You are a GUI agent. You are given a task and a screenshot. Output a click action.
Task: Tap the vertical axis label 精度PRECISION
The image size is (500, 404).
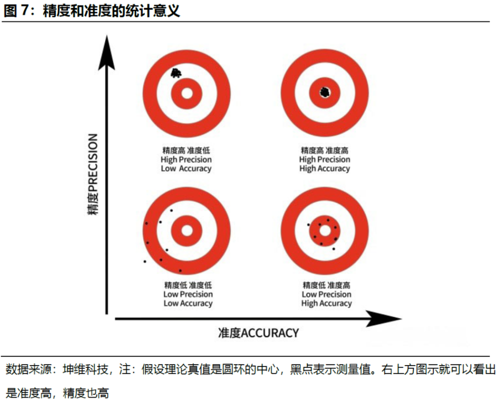click(92, 174)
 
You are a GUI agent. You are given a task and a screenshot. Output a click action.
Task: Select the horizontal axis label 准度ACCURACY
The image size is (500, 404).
click(258, 333)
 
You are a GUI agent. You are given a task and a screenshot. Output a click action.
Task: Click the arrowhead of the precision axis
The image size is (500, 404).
click(106, 52)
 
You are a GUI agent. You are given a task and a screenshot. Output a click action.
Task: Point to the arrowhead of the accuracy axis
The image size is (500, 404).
click(383, 318)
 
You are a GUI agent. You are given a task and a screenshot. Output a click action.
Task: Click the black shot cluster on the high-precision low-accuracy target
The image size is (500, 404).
click(175, 73)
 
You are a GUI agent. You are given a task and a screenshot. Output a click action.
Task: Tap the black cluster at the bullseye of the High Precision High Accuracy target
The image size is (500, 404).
click(324, 92)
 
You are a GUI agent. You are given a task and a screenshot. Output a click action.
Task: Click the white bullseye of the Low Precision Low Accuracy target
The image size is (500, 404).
click(187, 230)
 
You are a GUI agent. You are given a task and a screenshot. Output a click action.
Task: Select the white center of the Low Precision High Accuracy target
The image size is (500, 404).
click(325, 231)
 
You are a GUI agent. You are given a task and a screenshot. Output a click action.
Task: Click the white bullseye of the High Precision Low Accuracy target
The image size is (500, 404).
click(187, 93)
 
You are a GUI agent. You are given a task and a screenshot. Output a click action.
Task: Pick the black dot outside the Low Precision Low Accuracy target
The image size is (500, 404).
click(145, 261)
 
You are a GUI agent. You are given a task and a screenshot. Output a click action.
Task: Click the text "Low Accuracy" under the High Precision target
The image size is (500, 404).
click(186, 168)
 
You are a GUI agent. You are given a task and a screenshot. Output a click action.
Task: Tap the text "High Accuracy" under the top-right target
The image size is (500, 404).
click(324, 168)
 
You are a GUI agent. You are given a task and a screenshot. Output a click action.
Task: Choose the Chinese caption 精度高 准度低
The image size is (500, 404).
click(186, 150)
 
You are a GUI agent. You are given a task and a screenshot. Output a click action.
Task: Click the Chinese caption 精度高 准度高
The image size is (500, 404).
click(324, 150)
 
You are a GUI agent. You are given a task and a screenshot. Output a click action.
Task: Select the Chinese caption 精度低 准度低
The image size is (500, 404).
click(188, 285)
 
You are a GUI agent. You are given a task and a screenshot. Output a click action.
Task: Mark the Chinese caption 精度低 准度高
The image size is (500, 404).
click(326, 285)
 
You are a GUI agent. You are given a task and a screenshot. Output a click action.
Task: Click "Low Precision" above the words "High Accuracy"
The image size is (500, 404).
click(326, 294)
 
